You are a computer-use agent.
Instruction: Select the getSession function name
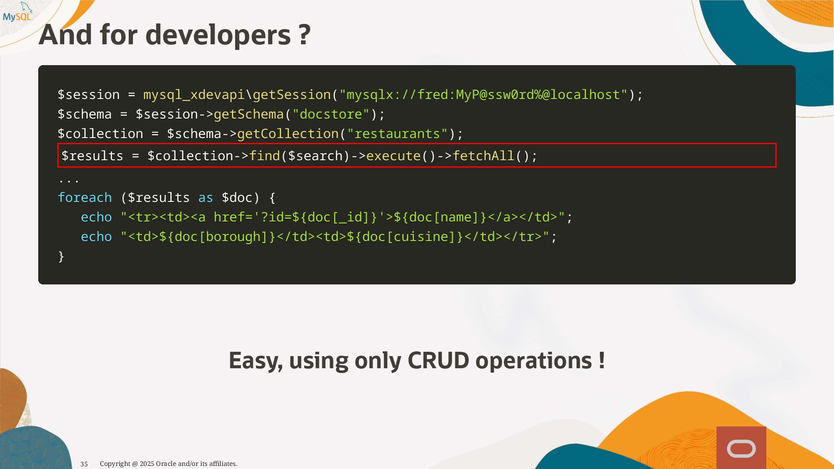pyautogui.click(x=291, y=95)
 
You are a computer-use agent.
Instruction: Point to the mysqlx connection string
pyautogui.click(x=483, y=95)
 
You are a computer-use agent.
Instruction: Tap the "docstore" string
pyautogui.click(x=331, y=114)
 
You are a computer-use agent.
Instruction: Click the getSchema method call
pyautogui.click(x=248, y=114)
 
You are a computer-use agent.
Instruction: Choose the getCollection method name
pyautogui.click(x=288, y=134)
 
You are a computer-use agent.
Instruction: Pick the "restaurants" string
pyautogui.click(x=397, y=134)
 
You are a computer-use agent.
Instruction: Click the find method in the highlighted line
pyautogui.click(x=264, y=156)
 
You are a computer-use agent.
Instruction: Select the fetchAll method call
pyautogui.click(x=483, y=156)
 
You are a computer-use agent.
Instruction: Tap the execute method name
pyautogui.click(x=394, y=156)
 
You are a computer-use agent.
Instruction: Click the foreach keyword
pyautogui.click(x=85, y=198)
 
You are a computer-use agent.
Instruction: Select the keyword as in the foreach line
pyautogui.click(x=205, y=198)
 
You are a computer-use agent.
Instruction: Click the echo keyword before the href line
pyautogui.click(x=96, y=217)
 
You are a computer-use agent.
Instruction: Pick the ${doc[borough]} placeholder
pyautogui.click(x=217, y=237)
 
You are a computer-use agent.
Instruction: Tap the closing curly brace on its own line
pyautogui.click(x=61, y=256)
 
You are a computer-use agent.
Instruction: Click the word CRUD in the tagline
pyautogui.click(x=438, y=360)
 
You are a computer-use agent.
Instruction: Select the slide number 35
pyautogui.click(x=84, y=464)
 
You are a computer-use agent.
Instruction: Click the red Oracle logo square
pyautogui.click(x=741, y=448)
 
